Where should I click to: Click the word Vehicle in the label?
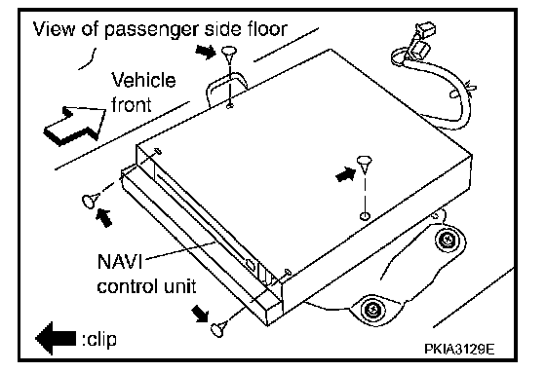pos(143,80)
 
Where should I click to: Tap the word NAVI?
pos(120,261)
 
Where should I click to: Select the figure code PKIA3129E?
pos(459,349)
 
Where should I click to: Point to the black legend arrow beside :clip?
pos(56,338)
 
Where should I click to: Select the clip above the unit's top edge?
pos(228,55)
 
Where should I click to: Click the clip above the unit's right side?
pos(365,165)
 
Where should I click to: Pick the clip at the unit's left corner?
pos(89,201)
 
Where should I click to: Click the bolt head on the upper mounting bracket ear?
pos(447,240)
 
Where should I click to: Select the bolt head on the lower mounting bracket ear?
pos(372,308)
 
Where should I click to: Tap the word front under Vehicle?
pos(132,104)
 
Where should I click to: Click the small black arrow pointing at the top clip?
pos(206,52)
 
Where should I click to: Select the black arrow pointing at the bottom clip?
pos(201,314)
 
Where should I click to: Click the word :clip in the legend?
pos(99,339)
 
